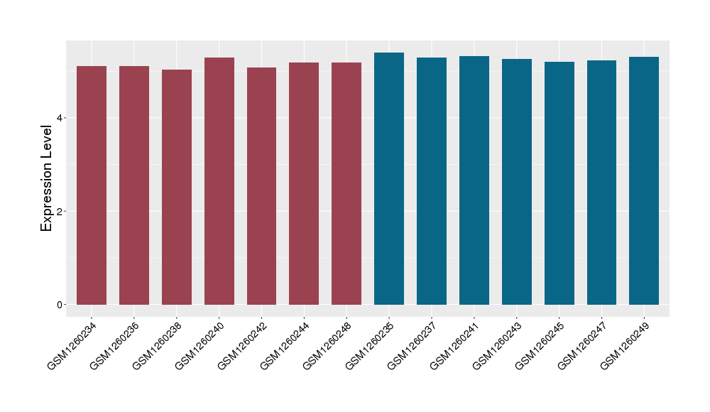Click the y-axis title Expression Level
tap(47, 178)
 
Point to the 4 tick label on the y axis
tap(61, 118)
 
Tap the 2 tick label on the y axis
tap(61, 212)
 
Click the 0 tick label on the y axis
tap(61, 305)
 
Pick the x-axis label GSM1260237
tap(413, 345)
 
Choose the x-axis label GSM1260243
tap(498, 345)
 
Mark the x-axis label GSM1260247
tap(583, 345)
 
